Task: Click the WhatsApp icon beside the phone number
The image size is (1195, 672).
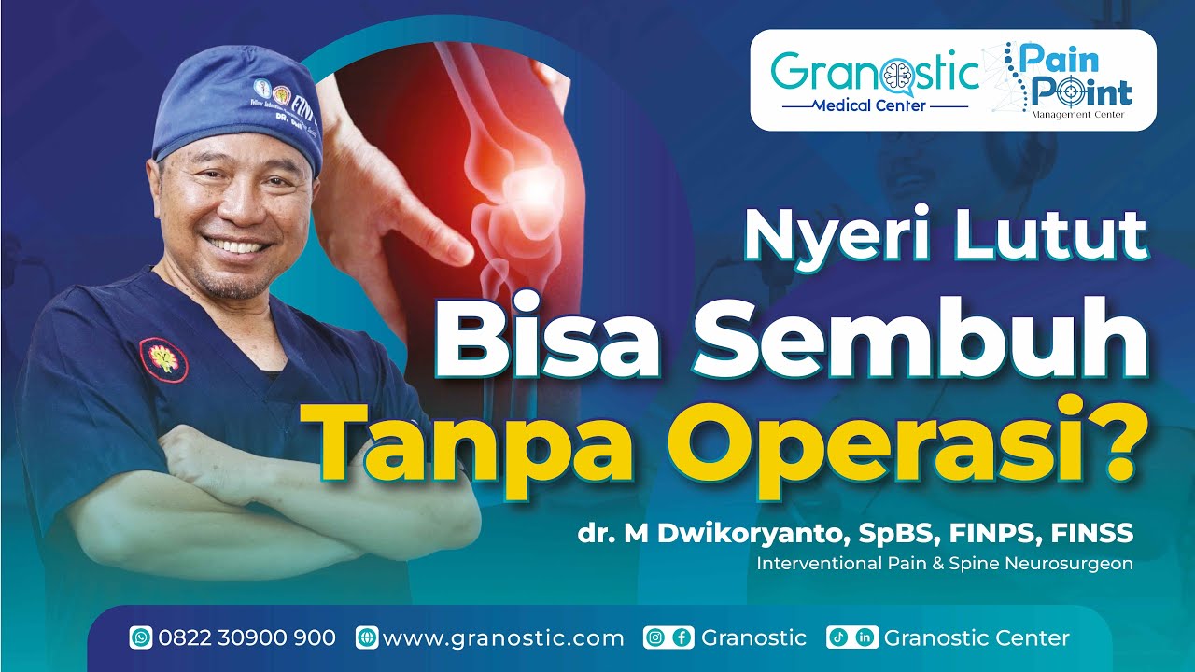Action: tap(141, 638)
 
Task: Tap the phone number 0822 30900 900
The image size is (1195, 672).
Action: tap(246, 638)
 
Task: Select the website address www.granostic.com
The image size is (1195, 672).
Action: tap(503, 638)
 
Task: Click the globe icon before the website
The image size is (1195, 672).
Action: tap(367, 638)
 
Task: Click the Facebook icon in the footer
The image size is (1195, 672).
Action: tap(682, 638)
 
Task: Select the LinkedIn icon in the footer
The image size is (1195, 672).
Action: tap(865, 638)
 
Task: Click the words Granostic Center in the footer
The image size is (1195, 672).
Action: tap(976, 638)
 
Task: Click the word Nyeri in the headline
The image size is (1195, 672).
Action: tap(832, 237)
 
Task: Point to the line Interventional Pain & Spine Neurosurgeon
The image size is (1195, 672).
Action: tap(944, 564)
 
